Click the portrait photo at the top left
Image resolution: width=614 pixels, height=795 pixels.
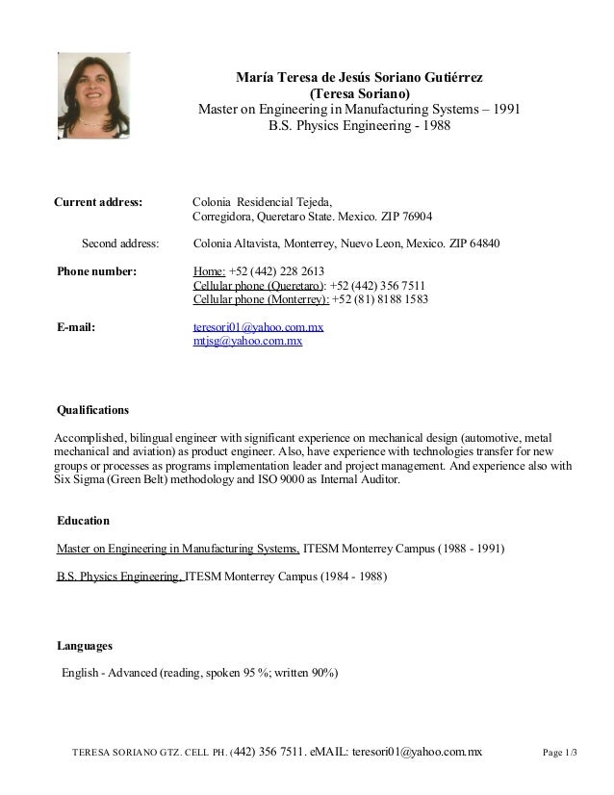pyautogui.click(x=96, y=93)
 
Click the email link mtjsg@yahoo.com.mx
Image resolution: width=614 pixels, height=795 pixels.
pyautogui.click(x=248, y=341)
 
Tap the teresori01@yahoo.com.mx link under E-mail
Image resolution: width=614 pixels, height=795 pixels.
pyautogui.click(x=258, y=327)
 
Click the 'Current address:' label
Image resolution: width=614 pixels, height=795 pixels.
pyautogui.click(x=98, y=202)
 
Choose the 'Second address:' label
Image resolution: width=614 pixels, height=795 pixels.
pyautogui.click(x=120, y=244)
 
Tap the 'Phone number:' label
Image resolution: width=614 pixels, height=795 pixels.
pyautogui.click(x=97, y=271)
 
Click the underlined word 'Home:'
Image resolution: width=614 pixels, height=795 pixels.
pyautogui.click(x=210, y=271)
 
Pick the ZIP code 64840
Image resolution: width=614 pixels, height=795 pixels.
pyautogui.click(x=482, y=244)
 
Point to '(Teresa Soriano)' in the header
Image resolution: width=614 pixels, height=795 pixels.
pyautogui.click(x=359, y=93)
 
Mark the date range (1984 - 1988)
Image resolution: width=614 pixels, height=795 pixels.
pyautogui.click(x=345, y=577)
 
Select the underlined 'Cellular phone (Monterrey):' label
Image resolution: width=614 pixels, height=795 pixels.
pyautogui.click(x=261, y=299)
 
